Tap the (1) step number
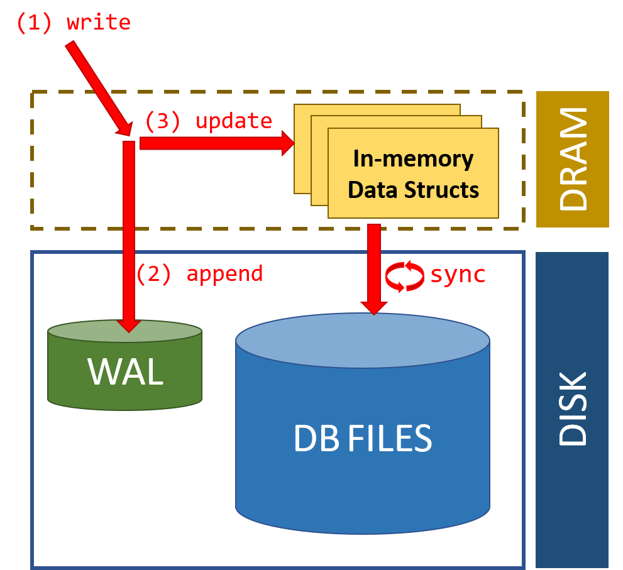click(37, 23)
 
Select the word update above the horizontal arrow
click(234, 121)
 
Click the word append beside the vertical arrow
click(224, 274)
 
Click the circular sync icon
click(405, 277)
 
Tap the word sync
click(458, 275)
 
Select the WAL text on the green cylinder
click(126, 372)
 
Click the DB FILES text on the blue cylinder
click(363, 438)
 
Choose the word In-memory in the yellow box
click(413, 159)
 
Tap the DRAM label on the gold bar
click(573, 159)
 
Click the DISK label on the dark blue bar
click(573, 409)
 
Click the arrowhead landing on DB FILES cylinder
click(374, 307)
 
